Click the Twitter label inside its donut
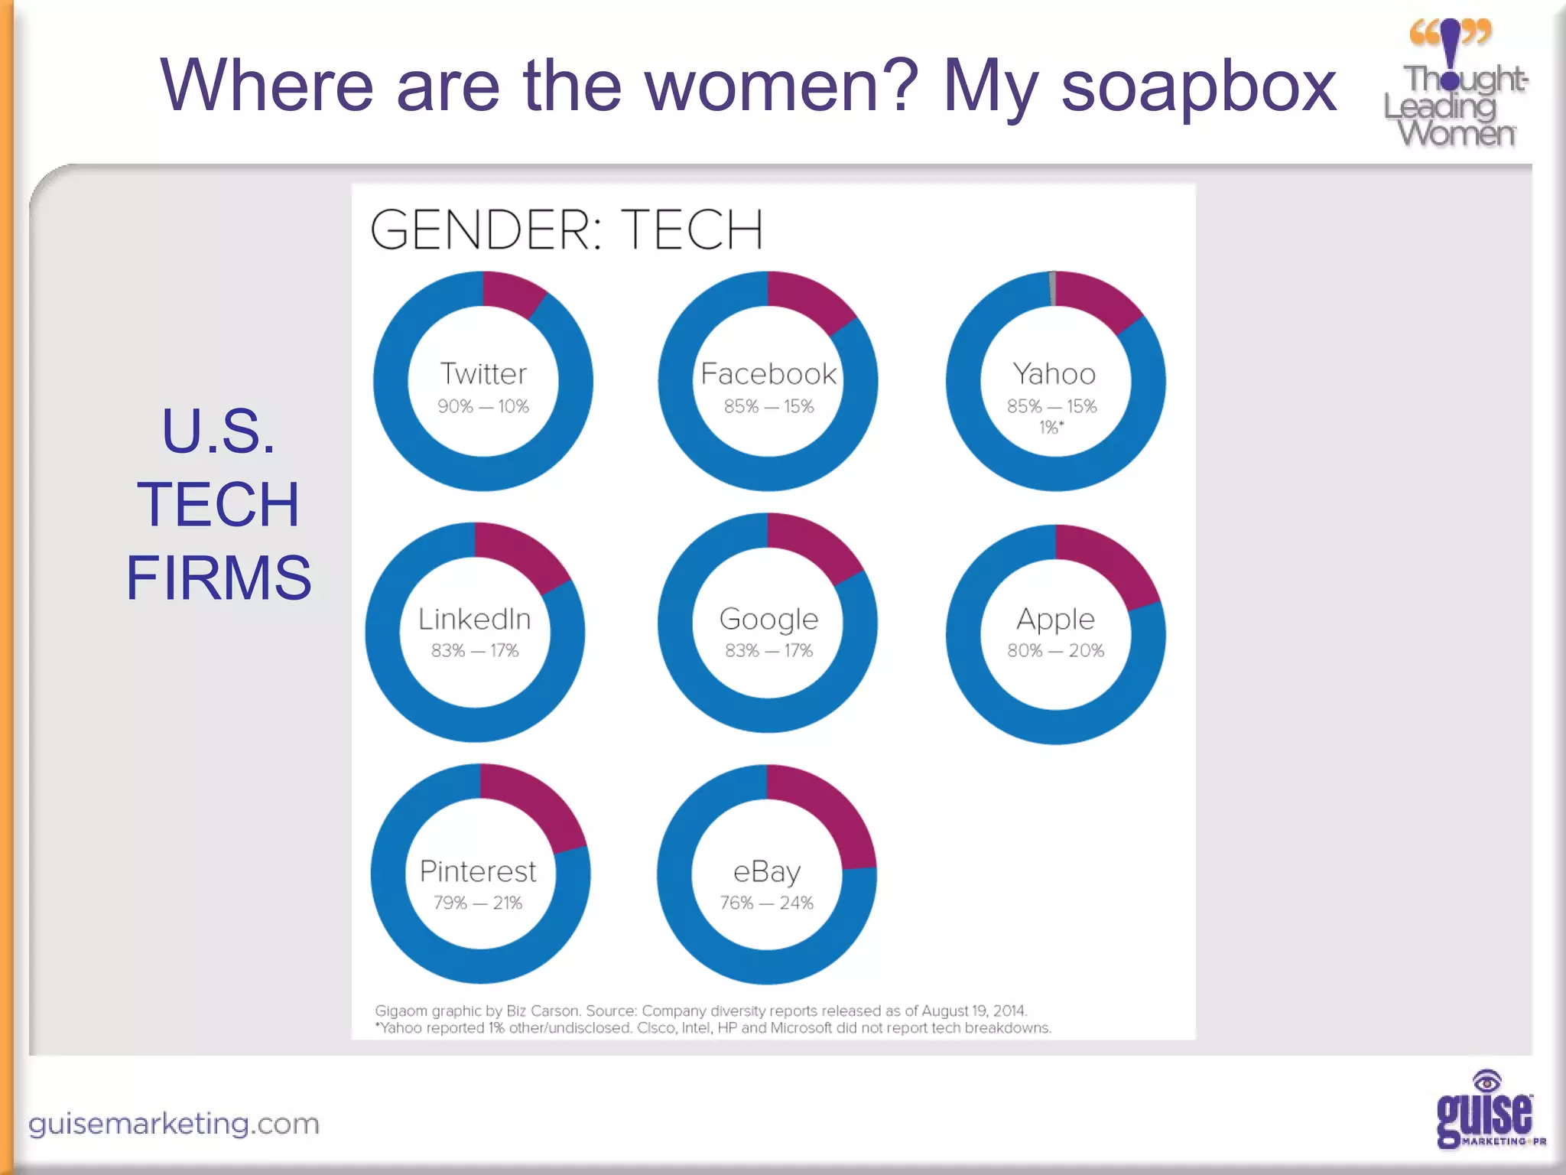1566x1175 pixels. click(483, 374)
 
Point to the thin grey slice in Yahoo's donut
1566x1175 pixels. click(1053, 288)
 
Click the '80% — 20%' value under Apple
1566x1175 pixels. click(1055, 650)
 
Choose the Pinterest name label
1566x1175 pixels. click(478, 871)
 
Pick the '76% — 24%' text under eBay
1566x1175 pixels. click(766, 903)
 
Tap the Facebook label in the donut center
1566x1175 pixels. click(768, 374)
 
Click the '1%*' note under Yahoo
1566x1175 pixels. click(1051, 428)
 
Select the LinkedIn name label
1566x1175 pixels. click(474, 619)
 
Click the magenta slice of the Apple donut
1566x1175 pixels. click(1112, 562)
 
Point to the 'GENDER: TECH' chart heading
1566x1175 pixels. click(567, 229)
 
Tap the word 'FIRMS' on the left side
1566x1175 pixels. click(219, 578)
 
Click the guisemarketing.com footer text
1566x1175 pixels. click(174, 1124)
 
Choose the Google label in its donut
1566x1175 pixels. click(768, 619)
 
